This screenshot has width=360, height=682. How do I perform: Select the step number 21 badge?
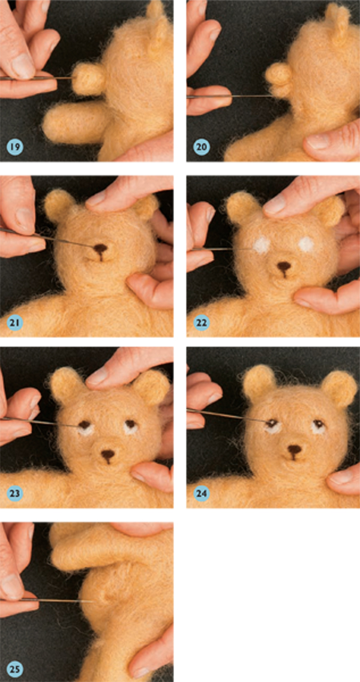[x=15, y=322]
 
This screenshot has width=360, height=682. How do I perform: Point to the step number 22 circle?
[x=202, y=322]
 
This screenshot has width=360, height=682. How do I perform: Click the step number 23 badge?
[x=15, y=493]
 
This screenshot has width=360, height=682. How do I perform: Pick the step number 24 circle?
[x=202, y=493]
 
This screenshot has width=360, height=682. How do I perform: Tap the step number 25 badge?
[x=15, y=669]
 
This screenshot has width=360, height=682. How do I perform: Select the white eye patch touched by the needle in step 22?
[x=262, y=246]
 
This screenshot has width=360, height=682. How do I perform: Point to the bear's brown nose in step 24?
[x=295, y=450]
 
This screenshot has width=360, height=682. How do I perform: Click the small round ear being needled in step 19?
[x=89, y=79]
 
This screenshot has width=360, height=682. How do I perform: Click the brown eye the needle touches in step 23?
[x=85, y=424]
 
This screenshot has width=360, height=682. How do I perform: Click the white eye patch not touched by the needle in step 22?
[x=308, y=244]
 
